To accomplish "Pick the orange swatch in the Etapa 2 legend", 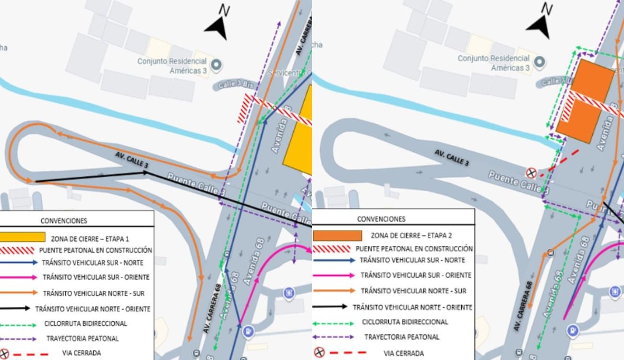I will tap(337, 236).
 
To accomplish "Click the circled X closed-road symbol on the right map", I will tap(531, 173).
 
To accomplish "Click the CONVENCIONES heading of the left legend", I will tap(64, 221).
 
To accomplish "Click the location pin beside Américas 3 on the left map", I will tap(216, 64).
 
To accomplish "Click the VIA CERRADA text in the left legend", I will tap(82, 353).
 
